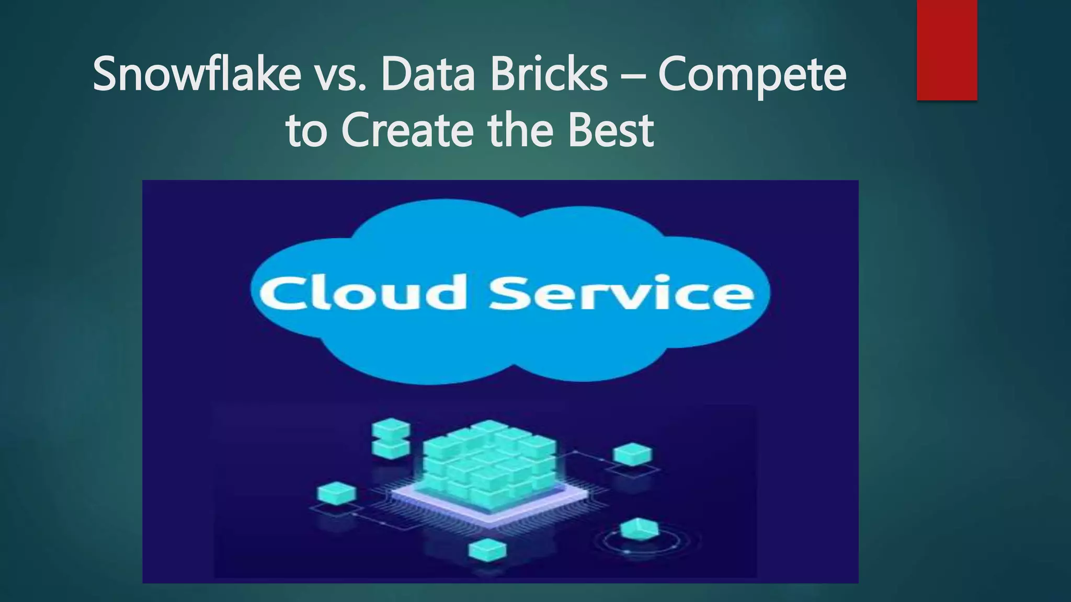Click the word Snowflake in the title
tap(197, 74)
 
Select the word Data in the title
tap(428, 74)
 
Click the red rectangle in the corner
tap(947, 50)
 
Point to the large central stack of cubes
tap(489, 462)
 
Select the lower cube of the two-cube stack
tap(390, 448)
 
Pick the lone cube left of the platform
tap(337, 493)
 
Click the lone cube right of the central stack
tap(632, 454)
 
